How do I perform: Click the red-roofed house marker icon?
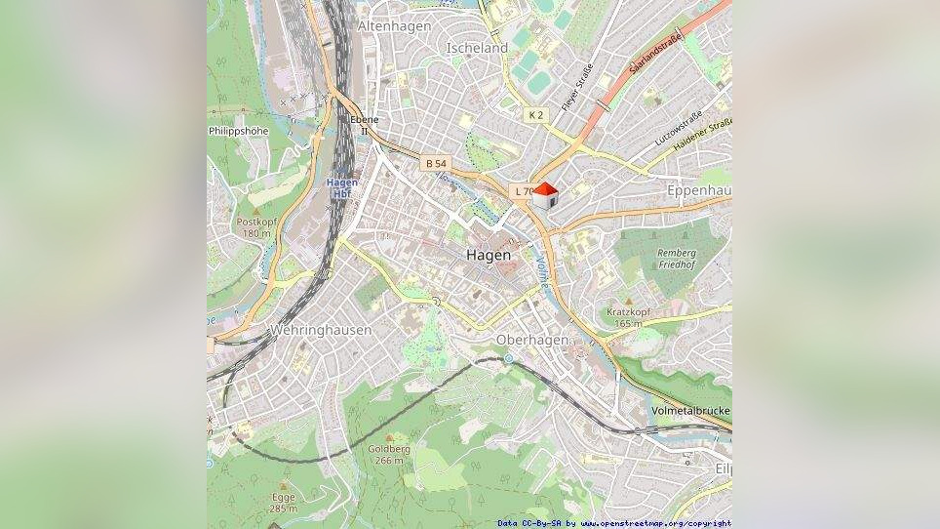[545, 195]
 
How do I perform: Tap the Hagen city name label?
[488, 255]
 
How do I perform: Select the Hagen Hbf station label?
[342, 187]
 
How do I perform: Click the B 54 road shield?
[436, 163]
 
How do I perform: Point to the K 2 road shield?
[535, 115]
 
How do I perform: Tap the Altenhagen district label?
[394, 26]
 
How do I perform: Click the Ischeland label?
[477, 47]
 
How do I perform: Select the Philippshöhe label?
[238, 131]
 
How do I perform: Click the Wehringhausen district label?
[321, 330]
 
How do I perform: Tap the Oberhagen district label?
[531, 339]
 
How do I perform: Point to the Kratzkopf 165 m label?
[625, 317]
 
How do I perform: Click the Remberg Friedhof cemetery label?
[677, 259]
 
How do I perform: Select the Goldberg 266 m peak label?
[388, 454]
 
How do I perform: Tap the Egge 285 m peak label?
[283, 503]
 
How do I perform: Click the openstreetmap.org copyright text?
[614, 523]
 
